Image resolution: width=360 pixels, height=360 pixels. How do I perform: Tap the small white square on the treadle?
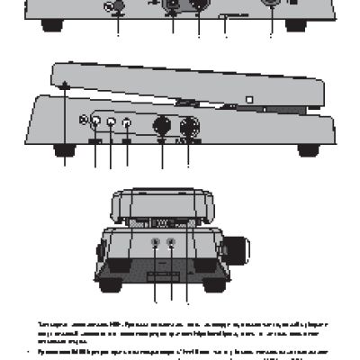249,100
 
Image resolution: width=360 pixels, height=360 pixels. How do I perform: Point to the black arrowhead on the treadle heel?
66,85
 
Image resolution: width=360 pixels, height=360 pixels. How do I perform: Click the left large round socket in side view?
162,126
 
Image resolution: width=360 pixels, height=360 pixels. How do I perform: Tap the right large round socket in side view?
189,126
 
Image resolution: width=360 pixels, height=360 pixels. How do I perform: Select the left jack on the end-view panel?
155,241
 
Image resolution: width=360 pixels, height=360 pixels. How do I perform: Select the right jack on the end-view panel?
171,241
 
